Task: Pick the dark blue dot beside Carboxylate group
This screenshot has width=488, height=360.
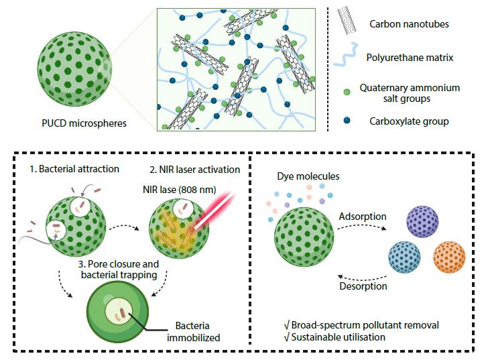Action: [x=346, y=121]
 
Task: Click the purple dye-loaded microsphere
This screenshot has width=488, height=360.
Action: [x=422, y=222]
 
